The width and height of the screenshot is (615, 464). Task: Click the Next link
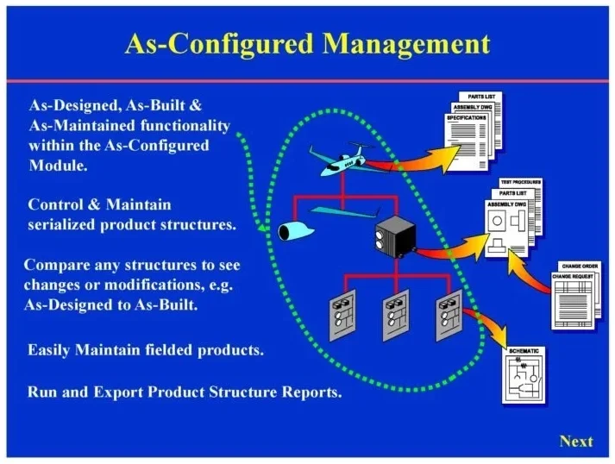(575, 442)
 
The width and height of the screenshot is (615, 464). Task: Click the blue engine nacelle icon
(298, 229)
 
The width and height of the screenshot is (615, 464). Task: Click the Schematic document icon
(524, 377)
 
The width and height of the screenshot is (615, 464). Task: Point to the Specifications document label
(467, 116)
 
